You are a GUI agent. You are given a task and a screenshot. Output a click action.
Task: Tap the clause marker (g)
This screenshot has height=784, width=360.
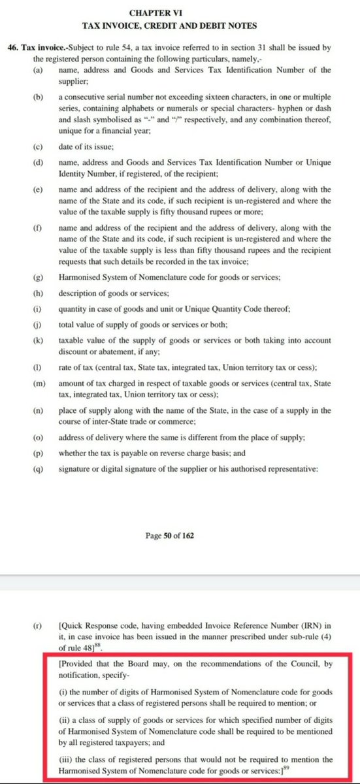(x=39, y=277)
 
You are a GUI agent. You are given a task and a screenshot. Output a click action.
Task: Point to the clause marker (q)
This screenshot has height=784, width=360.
(x=39, y=468)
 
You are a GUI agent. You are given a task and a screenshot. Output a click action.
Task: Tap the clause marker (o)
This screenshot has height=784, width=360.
(x=39, y=437)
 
